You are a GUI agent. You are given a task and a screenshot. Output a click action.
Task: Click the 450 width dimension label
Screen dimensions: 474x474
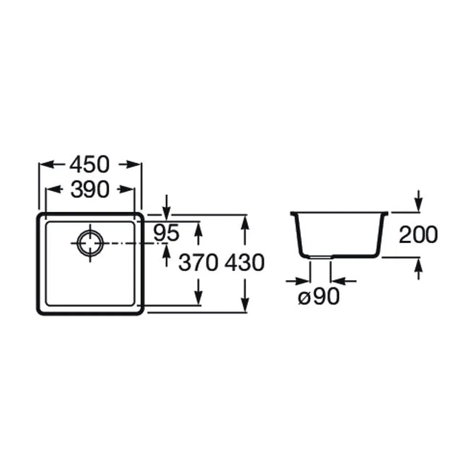pos(90,164)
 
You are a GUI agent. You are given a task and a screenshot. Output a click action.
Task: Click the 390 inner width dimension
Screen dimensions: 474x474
pos(90,190)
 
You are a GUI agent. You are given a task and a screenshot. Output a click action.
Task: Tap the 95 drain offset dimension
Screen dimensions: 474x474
pos(166,233)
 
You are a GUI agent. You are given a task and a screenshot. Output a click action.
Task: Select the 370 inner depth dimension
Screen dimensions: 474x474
pos(198,263)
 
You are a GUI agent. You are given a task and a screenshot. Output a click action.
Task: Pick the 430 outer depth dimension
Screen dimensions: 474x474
pos(245,263)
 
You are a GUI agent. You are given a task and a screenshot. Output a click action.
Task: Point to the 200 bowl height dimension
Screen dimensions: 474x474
pos(419,235)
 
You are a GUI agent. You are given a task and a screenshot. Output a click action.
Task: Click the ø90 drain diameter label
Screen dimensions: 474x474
pos(319,296)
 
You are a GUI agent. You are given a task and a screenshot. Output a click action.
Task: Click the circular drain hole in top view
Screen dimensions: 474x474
pos(90,242)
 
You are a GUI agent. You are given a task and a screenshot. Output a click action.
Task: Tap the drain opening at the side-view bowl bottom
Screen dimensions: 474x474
pos(321,257)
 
